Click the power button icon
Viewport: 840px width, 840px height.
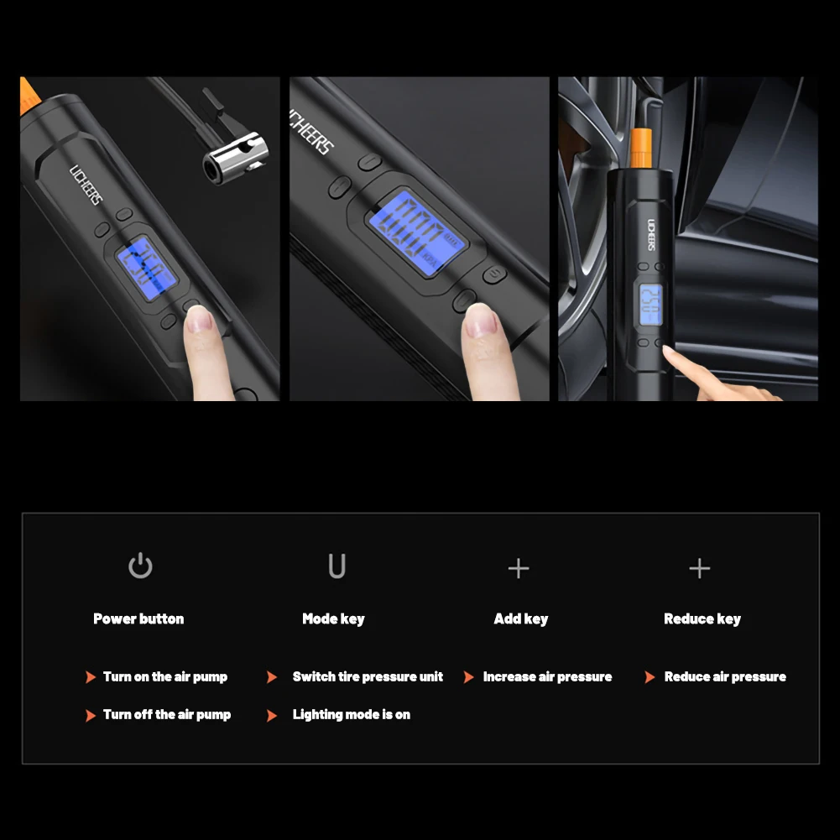pyautogui.click(x=140, y=566)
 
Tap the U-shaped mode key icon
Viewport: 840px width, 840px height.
pyautogui.click(x=337, y=566)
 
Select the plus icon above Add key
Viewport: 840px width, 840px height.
pyautogui.click(x=519, y=568)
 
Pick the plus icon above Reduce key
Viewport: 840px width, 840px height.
pyautogui.click(x=699, y=568)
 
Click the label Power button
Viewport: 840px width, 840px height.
pyautogui.click(x=138, y=618)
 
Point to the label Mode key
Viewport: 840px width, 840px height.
pyautogui.click(x=333, y=618)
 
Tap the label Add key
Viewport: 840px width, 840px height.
pyautogui.click(x=520, y=618)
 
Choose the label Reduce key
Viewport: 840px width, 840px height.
pyautogui.click(x=702, y=618)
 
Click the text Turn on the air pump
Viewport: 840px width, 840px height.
pyautogui.click(x=165, y=676)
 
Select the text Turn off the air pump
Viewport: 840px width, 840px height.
pyautogui.click(x=167, y=714)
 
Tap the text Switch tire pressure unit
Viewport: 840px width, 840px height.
pyautogui.click(x=368, y=676)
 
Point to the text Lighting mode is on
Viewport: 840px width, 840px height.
pyautogui.click(x=352, y=714)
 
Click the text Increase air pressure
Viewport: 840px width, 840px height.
pyautogui.click(x=547, y=676)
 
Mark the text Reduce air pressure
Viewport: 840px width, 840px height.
pyautogui.click(x=725, y=676)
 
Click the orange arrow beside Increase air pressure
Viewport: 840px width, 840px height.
pyautogui.click(x=468, y=677)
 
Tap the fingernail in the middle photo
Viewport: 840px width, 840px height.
pyautogui.click(x=481, y=320)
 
